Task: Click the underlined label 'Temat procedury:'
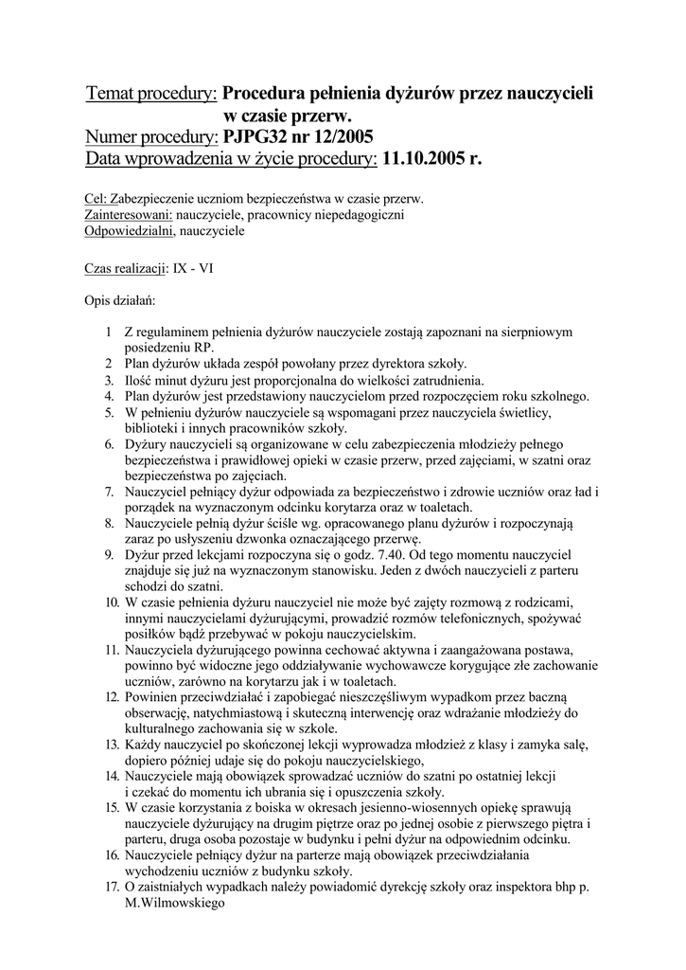[151, 94]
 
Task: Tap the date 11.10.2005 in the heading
[423, 159]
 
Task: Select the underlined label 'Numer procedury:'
[151, 137]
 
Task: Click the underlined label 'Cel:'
[97, 200]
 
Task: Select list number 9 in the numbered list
[110, 552]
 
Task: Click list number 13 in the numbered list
[111, 745]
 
